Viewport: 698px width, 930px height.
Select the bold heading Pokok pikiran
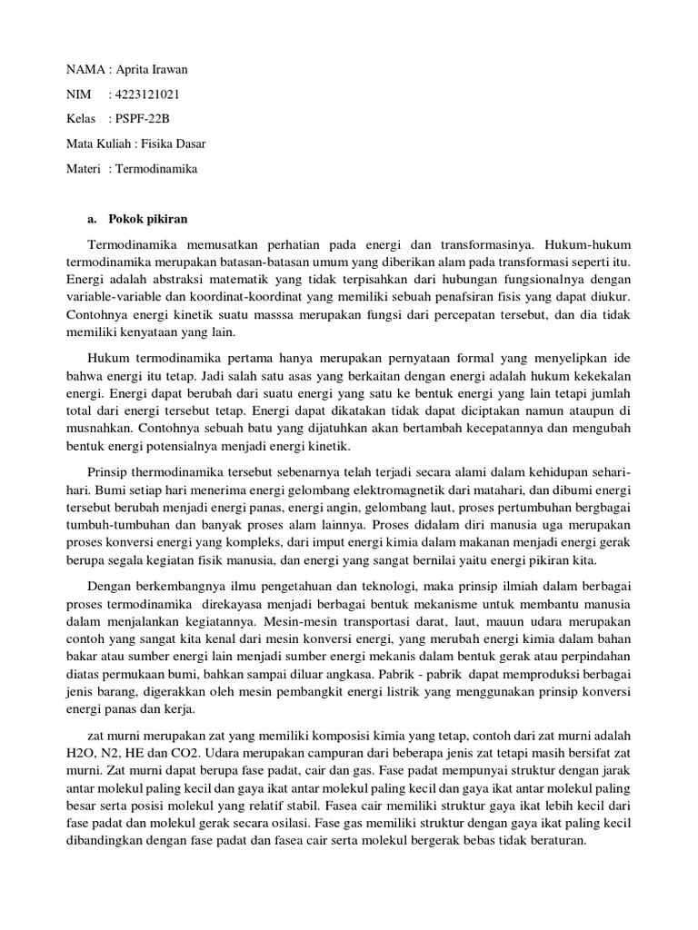(147, 219)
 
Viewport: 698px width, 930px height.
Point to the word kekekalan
(594, 375)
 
